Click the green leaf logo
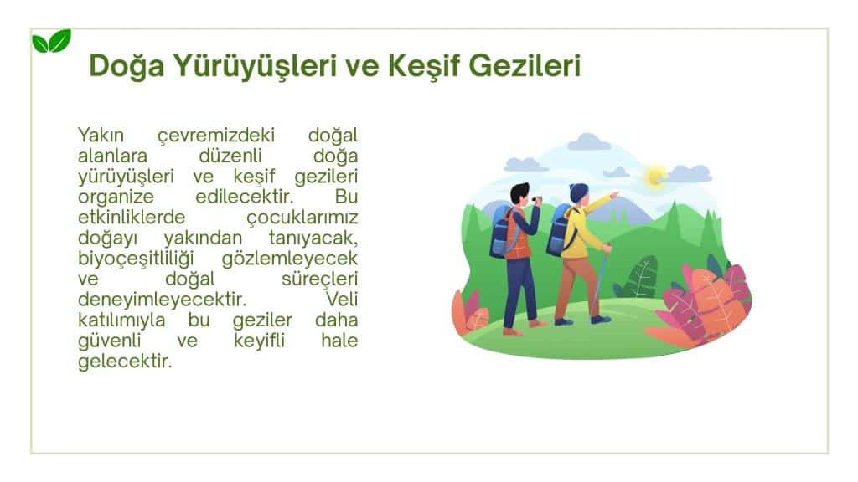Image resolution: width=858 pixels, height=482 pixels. [x=51, y=41]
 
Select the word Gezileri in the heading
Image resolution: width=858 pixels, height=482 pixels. [x=525, y=65]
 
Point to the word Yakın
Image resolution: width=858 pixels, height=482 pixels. [x=101, y=135]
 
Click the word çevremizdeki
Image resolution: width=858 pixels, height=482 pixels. [x=216, y=136]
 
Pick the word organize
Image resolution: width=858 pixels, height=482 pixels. [x=116, y=197]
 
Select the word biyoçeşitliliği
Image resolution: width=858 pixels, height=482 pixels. [x=137, y=259]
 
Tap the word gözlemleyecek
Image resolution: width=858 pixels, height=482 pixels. [x=290, y=259]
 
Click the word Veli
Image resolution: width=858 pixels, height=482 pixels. [x=342, y=299]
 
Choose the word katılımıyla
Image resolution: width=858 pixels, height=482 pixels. [x=121, y=320]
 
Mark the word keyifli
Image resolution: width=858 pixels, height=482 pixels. [x=260, y=341]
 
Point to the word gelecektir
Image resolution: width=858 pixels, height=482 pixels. [x=125, y=361]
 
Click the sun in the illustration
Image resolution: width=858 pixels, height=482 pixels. [x=654, y=176]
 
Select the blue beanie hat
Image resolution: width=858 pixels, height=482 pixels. [x=578, y=192]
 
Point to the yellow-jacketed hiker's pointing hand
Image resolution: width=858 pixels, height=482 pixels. [x=614, y=194]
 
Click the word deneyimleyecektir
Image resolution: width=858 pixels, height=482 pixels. [x=162, y=300]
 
